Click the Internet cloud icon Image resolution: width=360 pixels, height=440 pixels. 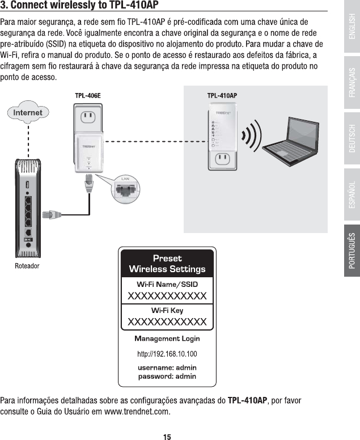point(28,113)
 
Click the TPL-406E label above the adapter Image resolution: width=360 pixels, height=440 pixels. point(88,95)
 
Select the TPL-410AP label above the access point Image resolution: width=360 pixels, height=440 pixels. point(222,95)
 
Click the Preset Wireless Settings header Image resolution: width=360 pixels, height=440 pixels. point(167,264)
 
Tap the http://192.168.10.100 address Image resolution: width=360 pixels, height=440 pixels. point(167,354)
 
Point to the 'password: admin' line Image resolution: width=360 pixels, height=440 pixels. point(167,376)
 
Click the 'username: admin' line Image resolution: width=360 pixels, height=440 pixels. point(167,367)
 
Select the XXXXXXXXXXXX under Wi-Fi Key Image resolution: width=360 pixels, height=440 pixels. point(167,322)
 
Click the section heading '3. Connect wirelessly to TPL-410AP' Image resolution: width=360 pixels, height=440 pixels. point(79,6)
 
